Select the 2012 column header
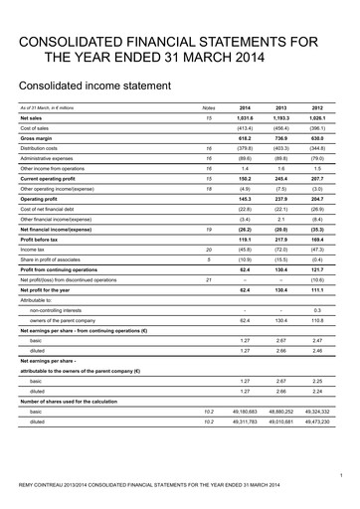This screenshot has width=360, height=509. click(317, 106)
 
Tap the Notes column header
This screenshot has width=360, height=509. click(208, 106)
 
